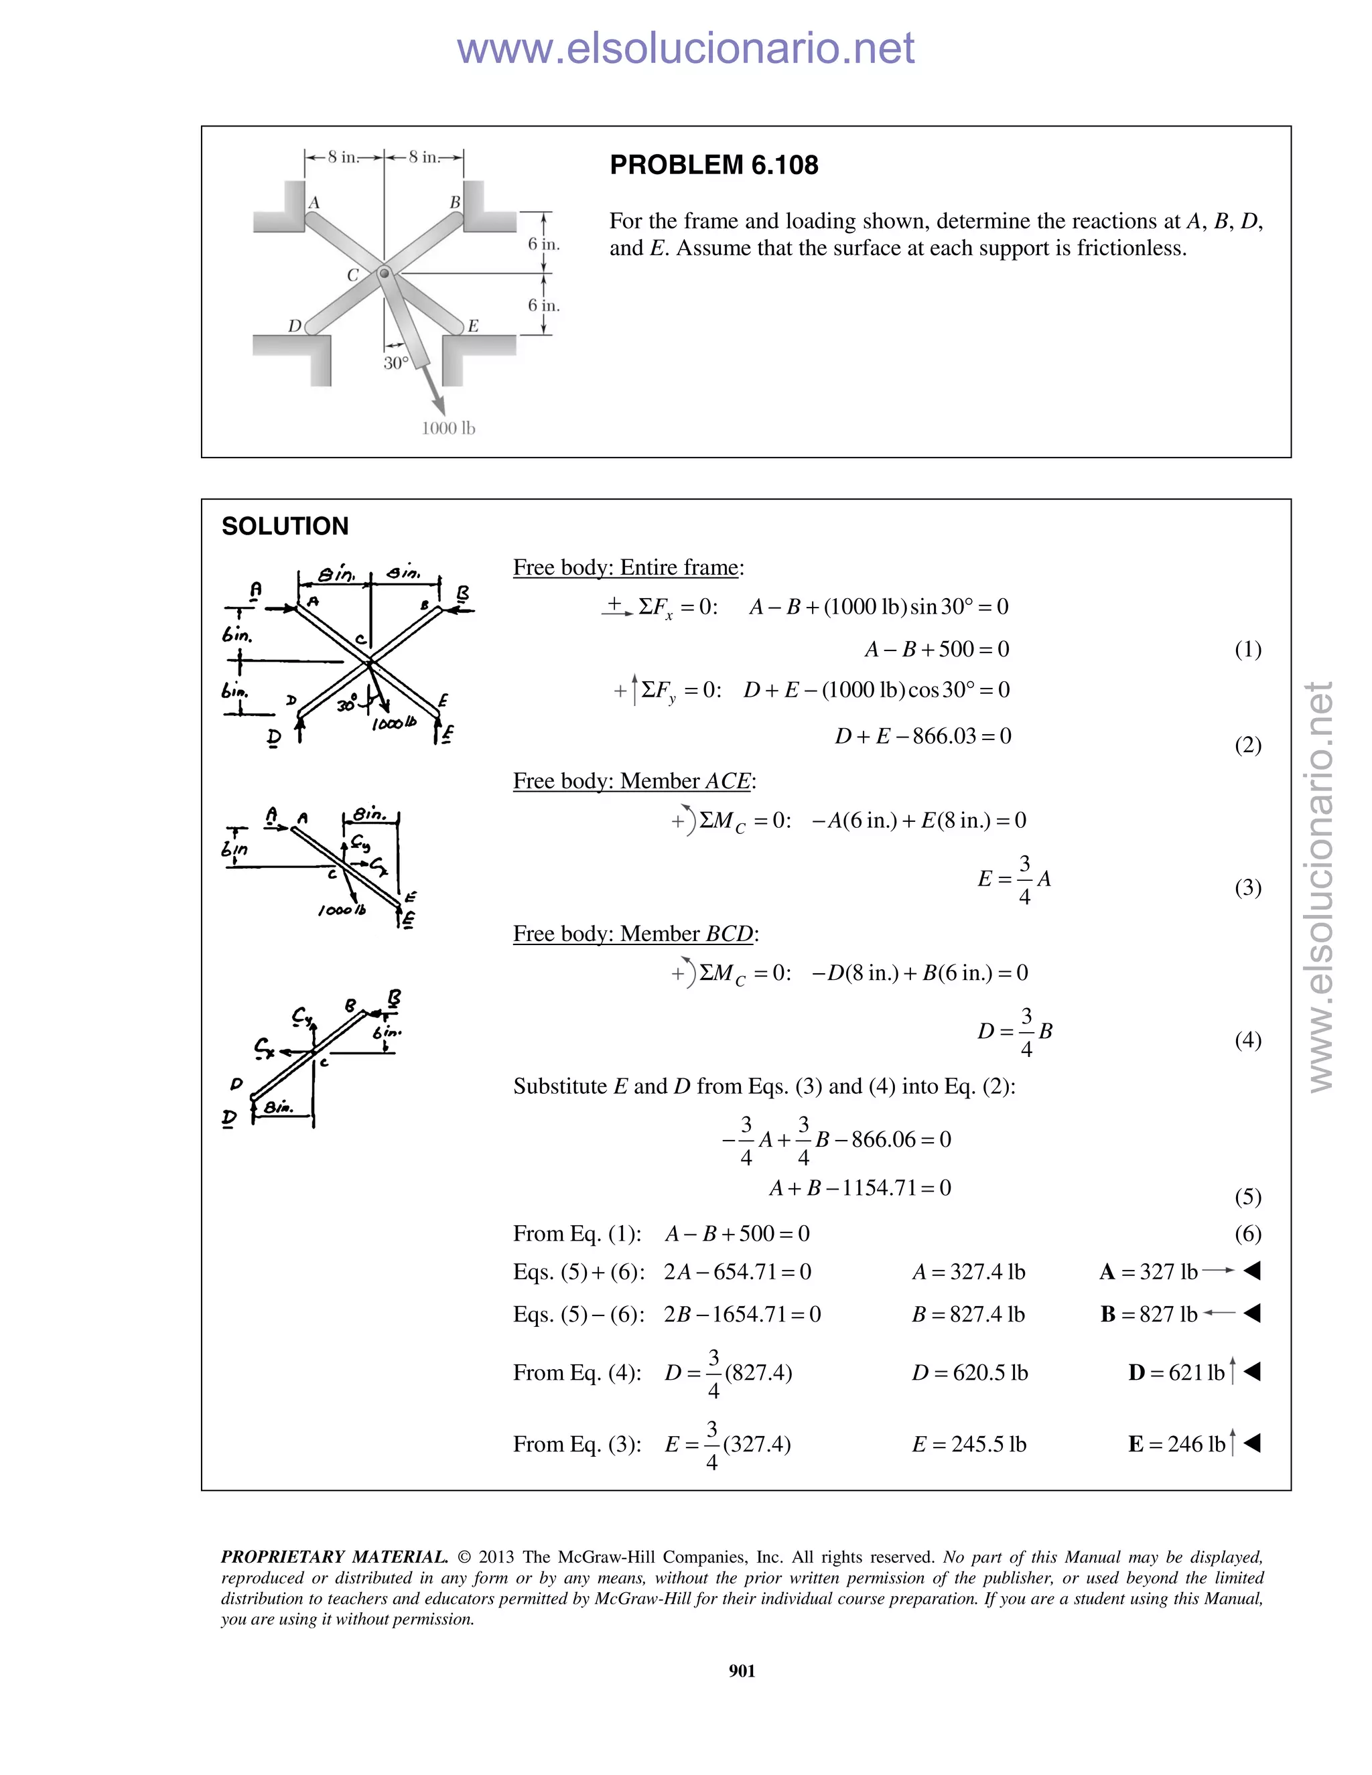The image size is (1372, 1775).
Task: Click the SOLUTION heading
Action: (285, 526)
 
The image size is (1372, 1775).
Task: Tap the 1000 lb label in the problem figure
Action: (448, 428)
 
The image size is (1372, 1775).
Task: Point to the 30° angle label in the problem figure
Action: (396, 363)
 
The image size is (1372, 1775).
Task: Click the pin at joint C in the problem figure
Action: (385, 274)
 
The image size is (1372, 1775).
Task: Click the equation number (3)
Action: (1247, 887)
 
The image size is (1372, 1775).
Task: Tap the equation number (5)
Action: (1247, 1196)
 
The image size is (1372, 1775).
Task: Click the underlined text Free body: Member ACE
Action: (634, 781)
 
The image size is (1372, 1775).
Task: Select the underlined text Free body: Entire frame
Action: (628, 567)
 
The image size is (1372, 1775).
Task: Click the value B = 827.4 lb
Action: (968, 1314)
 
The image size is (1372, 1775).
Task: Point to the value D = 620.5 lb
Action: (969, 1372)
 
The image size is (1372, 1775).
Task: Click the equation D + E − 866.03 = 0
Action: (922, 736)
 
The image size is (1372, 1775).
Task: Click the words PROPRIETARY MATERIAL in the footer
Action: (334, 1557)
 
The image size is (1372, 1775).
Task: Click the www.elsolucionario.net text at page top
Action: (685, 49)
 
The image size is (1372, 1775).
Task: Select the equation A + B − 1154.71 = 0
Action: (860, 1188)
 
